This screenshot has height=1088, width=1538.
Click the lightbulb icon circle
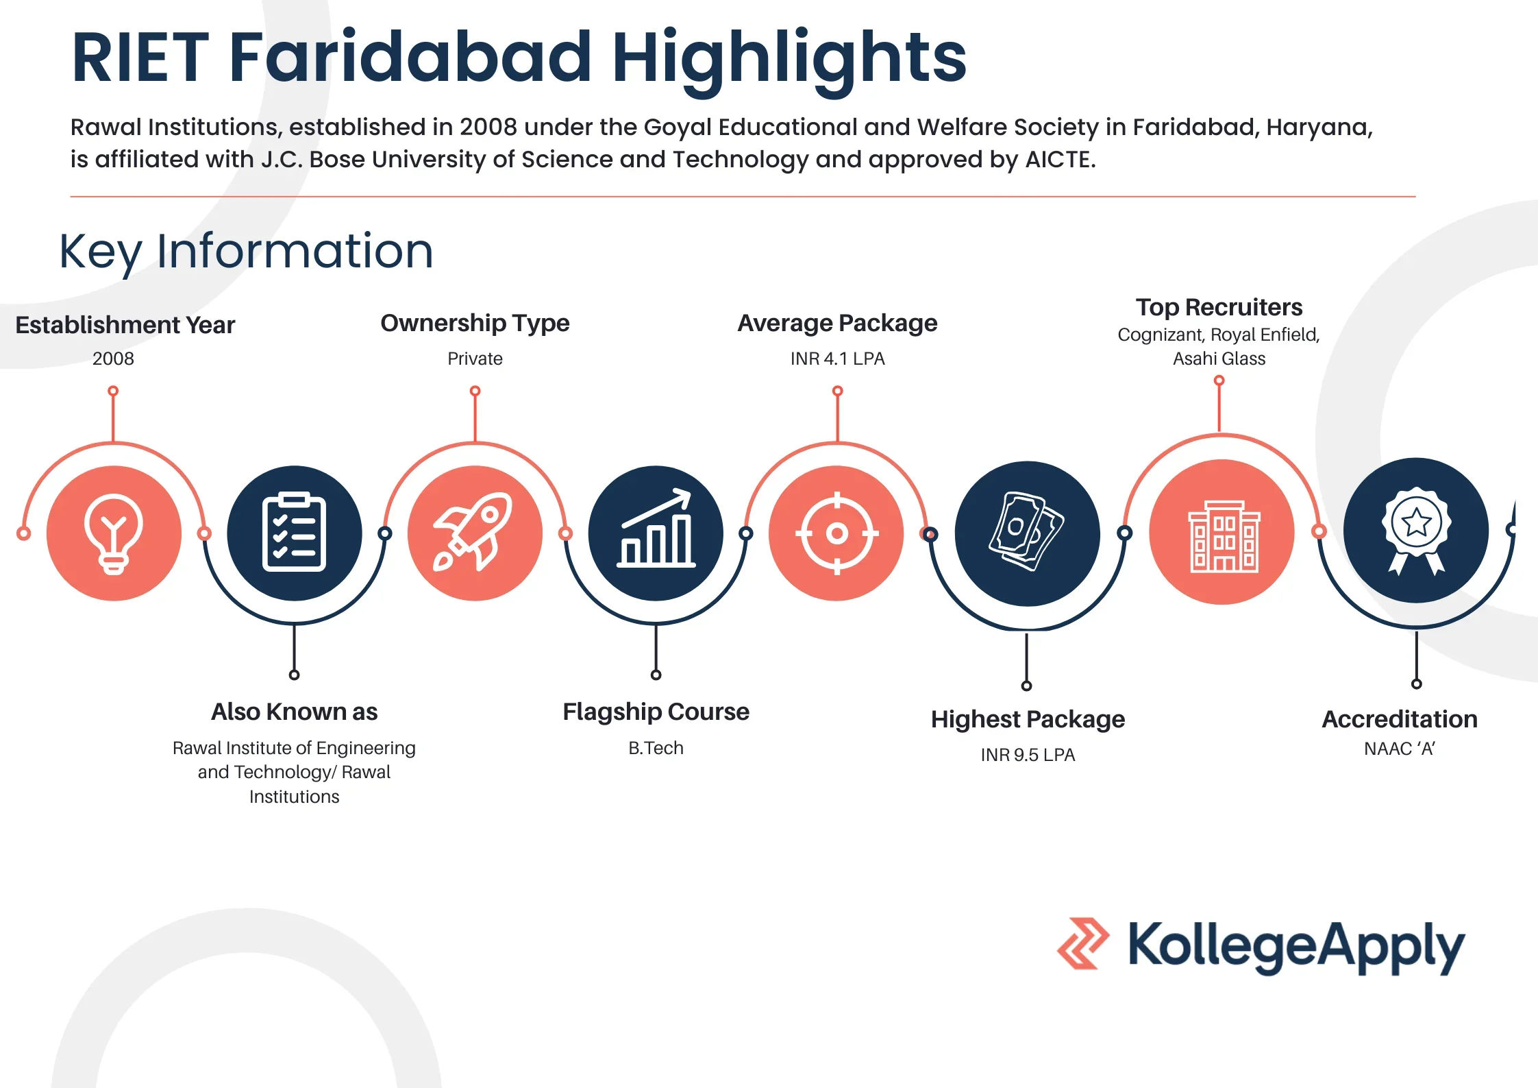pos(114,533)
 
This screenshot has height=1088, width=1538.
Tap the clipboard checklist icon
pos(295,533)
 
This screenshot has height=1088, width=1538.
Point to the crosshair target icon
pos(836,533)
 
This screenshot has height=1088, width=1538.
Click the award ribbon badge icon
pos(1416,531)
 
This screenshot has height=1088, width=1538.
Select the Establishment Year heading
pos(125,325)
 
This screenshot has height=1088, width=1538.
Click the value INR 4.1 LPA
pos(837,359)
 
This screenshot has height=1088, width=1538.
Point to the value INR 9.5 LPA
pos(1028,755)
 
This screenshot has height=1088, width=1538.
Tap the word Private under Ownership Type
pos(475,359)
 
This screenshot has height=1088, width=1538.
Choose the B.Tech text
pos(656,748)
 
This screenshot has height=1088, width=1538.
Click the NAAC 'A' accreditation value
pos(1400,749)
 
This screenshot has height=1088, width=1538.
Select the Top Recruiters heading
pos(1219,307)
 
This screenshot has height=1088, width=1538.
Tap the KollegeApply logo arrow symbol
pos(1083,943)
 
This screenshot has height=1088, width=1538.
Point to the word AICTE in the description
pos(1060,160)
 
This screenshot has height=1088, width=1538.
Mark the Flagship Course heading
pos(656,712)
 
